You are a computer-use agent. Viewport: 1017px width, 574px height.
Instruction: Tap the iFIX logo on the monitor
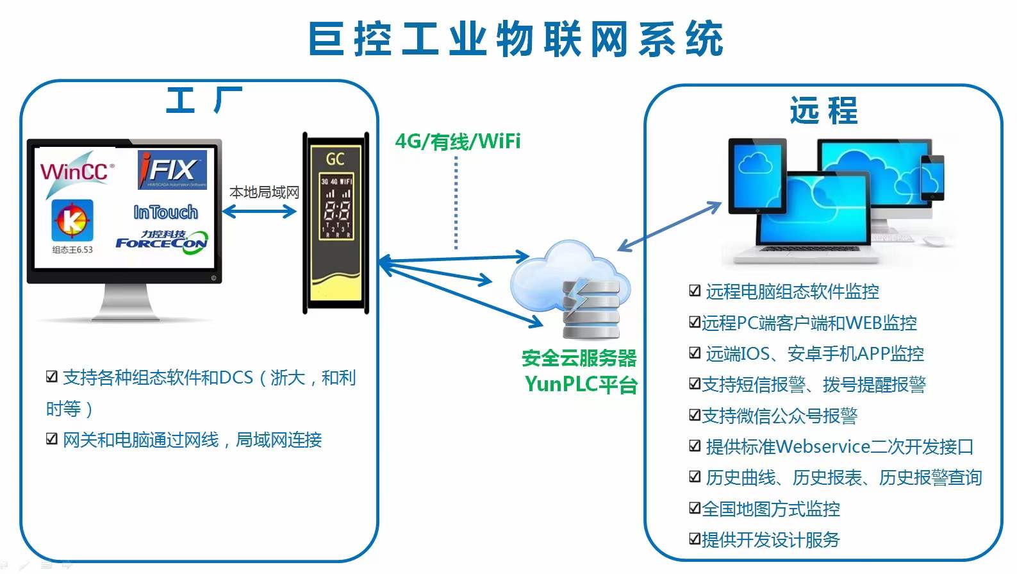[x=172, y=170]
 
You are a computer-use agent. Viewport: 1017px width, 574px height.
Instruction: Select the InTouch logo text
[x=165, y=212]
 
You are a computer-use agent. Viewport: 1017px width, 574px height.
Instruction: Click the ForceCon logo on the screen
[x=161, y=242]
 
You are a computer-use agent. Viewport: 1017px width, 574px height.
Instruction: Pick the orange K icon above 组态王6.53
[x=72, y=221]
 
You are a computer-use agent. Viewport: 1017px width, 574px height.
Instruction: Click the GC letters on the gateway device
[x=335, y=158]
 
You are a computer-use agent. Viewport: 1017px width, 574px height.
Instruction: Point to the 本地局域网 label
[x=264, y=192]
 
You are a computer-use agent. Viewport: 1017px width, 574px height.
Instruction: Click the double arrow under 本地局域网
[x=259, y=211]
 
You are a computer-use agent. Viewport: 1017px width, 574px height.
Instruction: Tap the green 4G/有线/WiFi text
[x=458, y=141]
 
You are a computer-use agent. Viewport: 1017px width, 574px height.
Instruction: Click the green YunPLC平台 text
[x=581, y=384]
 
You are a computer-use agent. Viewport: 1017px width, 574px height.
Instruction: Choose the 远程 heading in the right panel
[x=823, y=110]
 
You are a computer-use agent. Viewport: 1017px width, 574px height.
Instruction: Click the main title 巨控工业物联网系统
[x=516, y=39]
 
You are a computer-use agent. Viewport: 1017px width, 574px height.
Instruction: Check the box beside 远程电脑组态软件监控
[x=695, y=291]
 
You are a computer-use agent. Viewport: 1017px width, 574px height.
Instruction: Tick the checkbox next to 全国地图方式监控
[x=695, y=509]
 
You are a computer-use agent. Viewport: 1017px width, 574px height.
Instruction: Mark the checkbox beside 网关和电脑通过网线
[x=52, y=439]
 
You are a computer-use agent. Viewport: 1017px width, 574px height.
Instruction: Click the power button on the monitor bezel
[x=213, y=278]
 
